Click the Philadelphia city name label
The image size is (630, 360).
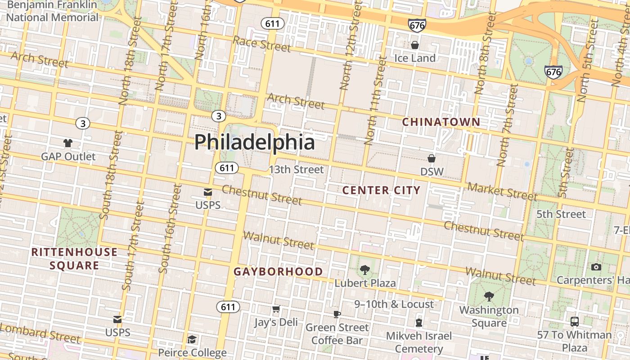pyautogui.click(x=254, y=142)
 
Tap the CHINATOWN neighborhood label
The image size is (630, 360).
pyautogui.click(x=441, y=122)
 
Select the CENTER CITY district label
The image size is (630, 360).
pyautogui.click(x=381, y=190)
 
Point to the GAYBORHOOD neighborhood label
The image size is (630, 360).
pyautogui.click(x=278, y=272)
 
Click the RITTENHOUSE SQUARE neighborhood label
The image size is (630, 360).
pyautogui.click(x=74, y=259)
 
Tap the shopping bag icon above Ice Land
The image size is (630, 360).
pyautogui.click(x=415, y=45)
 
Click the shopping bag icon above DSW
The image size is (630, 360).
pyautogui.click(x=432, y=158)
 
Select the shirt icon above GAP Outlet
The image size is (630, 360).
pyautogui.click(x=68, y=143)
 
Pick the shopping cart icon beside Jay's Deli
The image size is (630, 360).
pyautogui.click(x=276, y=309)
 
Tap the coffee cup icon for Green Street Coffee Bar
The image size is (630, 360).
pyautogui.click(x=337, y=314)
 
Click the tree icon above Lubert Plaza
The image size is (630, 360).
pyautogui.click(x=365, y=270)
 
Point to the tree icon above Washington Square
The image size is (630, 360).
pyautogui.click(x=489, y=297)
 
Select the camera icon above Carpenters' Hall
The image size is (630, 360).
pyautogui.click(x=596, y=267)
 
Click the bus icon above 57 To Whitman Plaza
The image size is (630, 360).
pyautogui.click(x=575, y=322)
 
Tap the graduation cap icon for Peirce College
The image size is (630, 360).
pyautogui.click(x=192, y=339)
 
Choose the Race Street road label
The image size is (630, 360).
pyautogui.click(x=262, y=44)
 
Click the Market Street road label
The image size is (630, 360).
pyautogui.click(x=502, y=191)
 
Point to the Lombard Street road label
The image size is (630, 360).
pyautogui.click(x=40, y=333)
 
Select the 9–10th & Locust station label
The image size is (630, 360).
pyautogui.click(x=394, y=304)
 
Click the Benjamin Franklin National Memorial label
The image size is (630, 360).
pyautogui.click(x=52, y=11)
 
